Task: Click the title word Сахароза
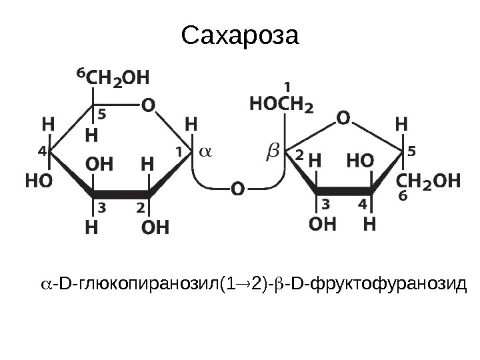coord(241,37)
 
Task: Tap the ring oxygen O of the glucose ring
coord(147,105)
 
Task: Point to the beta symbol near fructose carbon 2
coord(273,153)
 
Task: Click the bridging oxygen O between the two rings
coord(237,190)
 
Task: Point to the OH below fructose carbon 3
coord(323,224)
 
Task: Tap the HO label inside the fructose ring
coord(361,161)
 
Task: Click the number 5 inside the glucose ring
coord(103,115)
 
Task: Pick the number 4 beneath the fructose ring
coord(363,201)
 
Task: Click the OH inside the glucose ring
coord(98,163)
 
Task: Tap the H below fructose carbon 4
coord(369,224)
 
